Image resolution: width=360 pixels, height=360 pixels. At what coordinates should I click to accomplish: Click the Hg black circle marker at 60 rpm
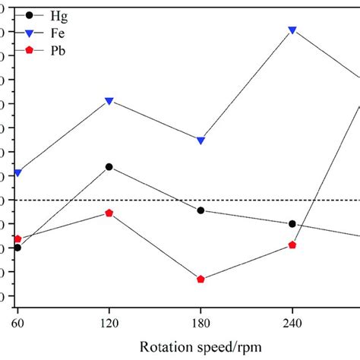pyautogui.click(x=17, y=248)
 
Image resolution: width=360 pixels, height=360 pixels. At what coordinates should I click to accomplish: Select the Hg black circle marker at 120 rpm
pyautogui.click(x=109, y=166)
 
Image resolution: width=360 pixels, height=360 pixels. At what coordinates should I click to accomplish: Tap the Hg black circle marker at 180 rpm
pyautogui.click(x=201, y=210)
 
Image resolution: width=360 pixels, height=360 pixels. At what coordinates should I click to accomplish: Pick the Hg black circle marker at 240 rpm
pyautogui.click(x=292, y=224)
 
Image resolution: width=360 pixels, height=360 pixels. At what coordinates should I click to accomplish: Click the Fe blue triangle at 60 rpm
pyautogui.click(x=17, y=173)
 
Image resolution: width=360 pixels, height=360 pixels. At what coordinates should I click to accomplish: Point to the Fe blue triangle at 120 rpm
pyautogui.click(x=109, y=101)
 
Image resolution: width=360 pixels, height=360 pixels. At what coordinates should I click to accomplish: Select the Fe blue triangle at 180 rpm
pyautogui.click(x=201, y=141)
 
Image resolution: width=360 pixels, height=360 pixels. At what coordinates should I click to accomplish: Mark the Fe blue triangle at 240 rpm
pyautogui.click(x=292, y=30)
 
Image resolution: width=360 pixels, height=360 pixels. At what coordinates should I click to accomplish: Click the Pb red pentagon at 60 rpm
pyautogui.click(x=17, y=238)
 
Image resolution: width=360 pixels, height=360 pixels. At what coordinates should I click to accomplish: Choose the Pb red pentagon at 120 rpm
pyautogui.click(x=109, y=213)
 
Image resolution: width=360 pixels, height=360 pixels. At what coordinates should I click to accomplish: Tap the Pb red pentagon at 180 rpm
pyautogui.click(x=201, y=279)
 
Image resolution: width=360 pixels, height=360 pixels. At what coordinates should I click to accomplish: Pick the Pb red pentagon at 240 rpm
pyautogui.click(x=292, y=245)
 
